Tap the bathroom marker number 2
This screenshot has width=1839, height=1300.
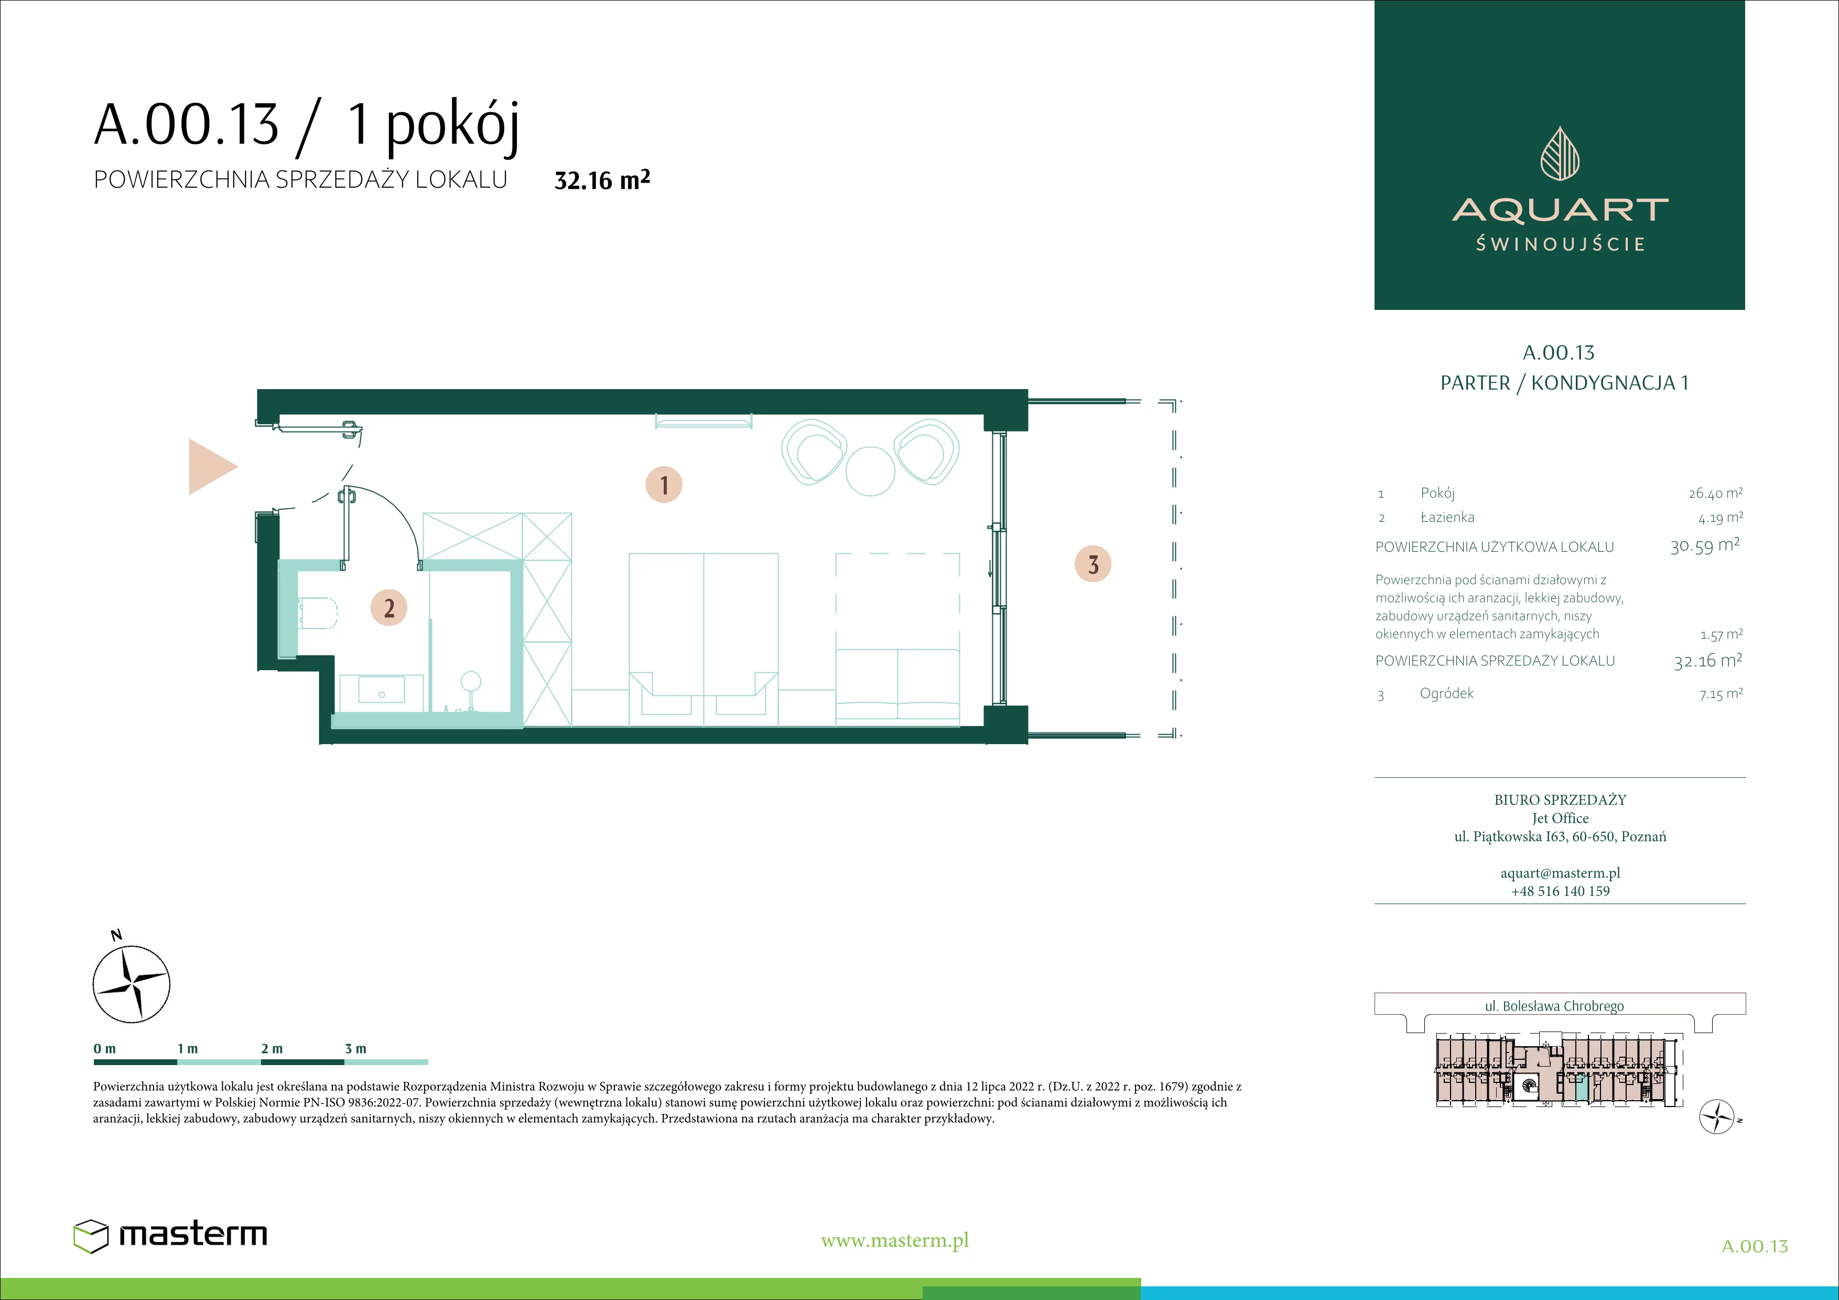388,608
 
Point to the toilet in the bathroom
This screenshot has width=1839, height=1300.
317,613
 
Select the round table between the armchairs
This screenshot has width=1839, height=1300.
870,471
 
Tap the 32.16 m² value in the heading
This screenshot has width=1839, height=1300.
602,179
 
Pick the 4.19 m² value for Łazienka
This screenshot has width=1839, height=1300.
1721,518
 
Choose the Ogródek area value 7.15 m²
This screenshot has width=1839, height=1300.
1721,694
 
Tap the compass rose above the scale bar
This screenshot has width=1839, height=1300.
132,984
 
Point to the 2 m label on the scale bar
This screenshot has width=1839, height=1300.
272,1048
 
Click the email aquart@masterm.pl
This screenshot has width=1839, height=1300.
1560,873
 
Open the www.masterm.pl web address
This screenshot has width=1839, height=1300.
895,1241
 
